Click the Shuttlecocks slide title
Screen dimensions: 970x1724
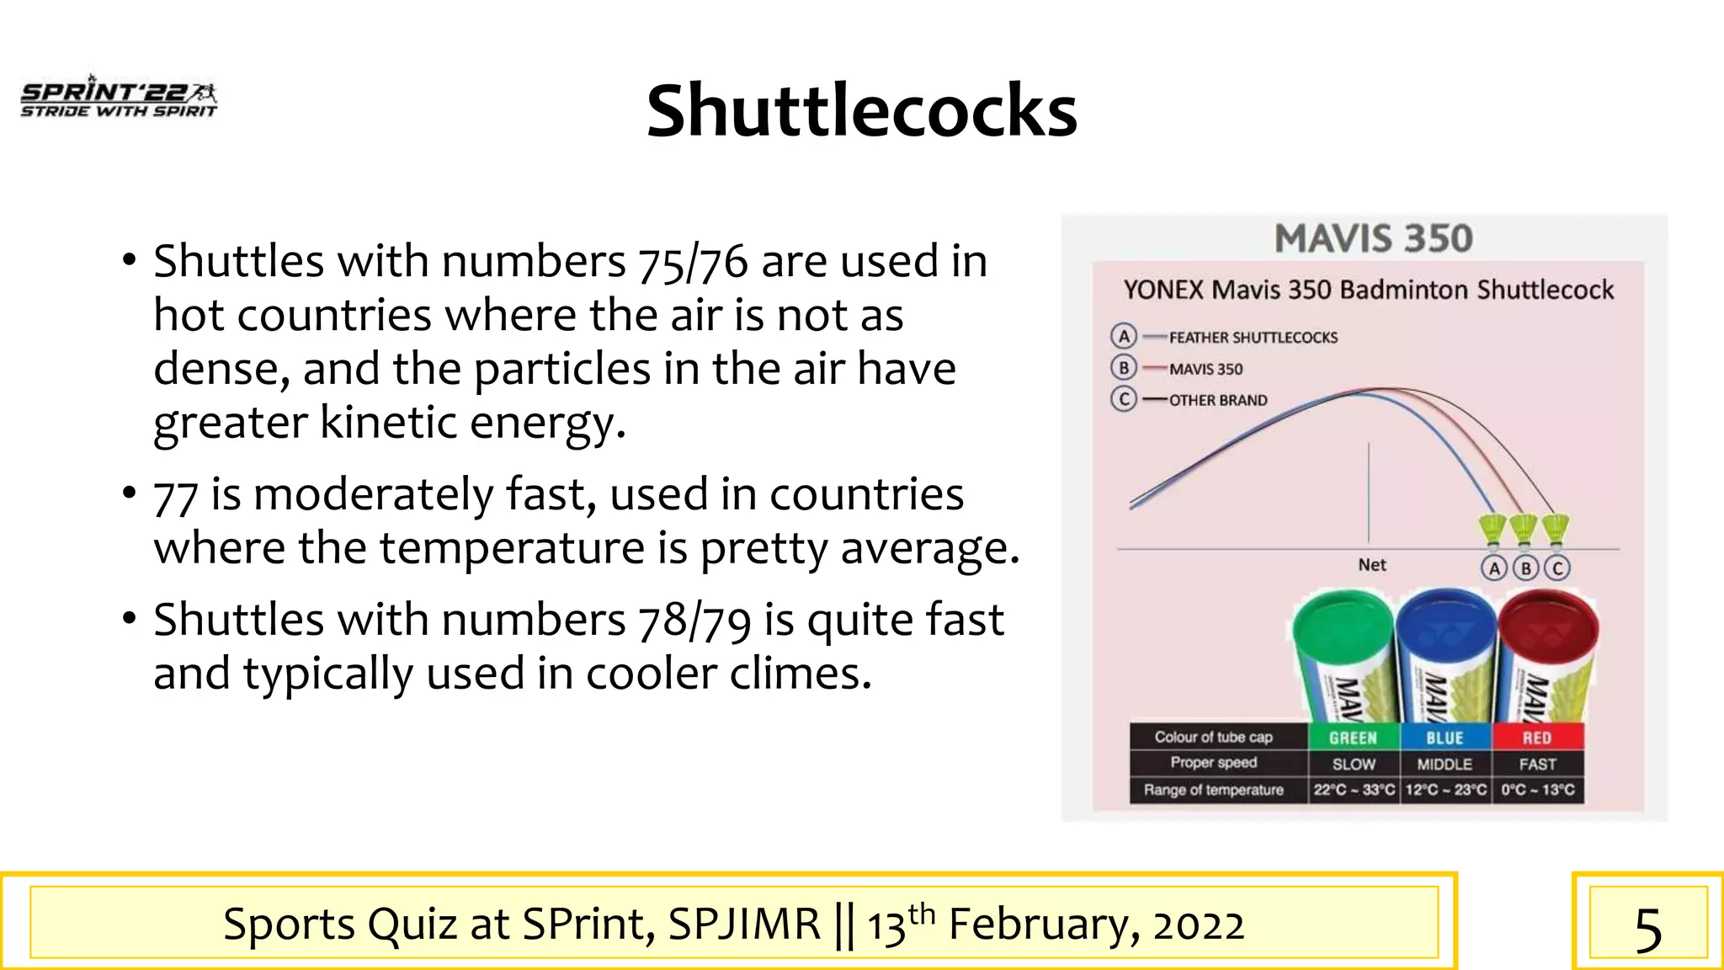coord(861,111)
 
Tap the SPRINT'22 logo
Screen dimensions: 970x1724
coord(119,98)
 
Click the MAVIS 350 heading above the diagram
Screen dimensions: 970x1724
coord(1373,238)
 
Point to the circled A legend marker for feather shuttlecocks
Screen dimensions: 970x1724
coord(1124,337)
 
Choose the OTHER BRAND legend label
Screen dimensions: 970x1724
coord(1217,400)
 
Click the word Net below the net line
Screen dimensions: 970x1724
coord(1371,565)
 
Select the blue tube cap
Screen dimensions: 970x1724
coord(1445,625)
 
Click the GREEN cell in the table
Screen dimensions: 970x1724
coord(1353,738)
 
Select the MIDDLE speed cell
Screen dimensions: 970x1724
coord(1445,765)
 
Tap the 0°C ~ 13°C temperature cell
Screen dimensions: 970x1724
coord(1537,790)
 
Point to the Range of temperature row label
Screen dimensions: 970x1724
coord(1213,790)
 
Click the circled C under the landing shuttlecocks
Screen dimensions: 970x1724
coord(1557,568)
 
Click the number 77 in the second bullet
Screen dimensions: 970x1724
coord(175,496)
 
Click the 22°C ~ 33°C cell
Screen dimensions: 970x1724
coord(1354,790)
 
